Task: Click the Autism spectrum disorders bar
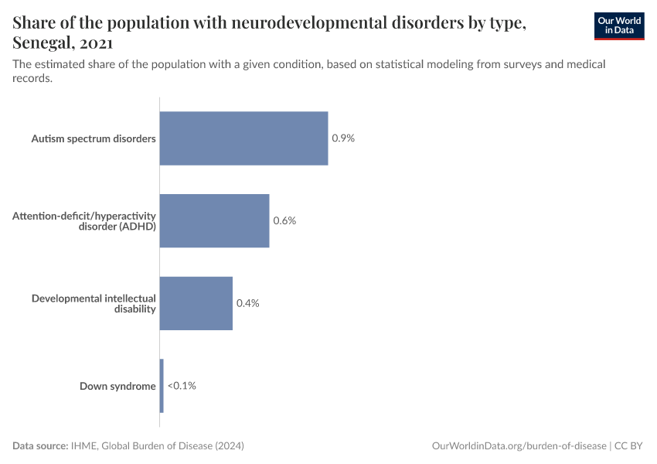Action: (243, 138)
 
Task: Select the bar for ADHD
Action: (214, 220)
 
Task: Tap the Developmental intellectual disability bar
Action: (196, 303)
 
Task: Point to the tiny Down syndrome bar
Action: (162, 385)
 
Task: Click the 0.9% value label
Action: (343, 138)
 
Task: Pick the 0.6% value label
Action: (284, 220)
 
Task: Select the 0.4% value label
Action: (247, 303)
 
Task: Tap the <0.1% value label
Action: (182, 385)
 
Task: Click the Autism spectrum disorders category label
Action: (94, 139)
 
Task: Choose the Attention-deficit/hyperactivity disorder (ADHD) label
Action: (84, 220)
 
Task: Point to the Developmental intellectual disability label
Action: (94, 303)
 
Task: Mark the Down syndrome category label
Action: (117, 386)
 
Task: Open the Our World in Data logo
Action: (618, 26)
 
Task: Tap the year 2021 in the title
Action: (96, 43)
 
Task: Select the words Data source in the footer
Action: (39, 446)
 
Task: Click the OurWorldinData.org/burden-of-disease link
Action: (518, 446)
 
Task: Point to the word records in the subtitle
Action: (32, 78)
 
